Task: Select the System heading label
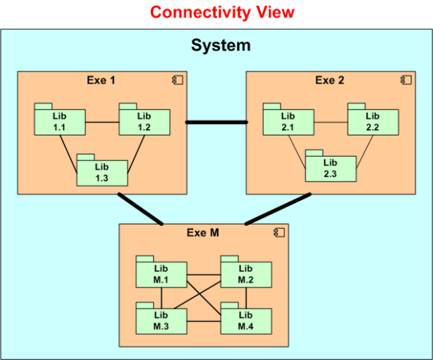tap(220, 45)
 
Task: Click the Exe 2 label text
tap(329, 80)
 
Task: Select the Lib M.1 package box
tap(161, 275)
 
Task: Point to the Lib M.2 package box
tap(246, 275)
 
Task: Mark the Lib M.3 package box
tap(161, 320)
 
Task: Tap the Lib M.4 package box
tap(246, 320)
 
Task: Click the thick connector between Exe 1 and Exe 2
tap(216, 122)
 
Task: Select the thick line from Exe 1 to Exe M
tap(140, 209)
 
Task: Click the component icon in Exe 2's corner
tap(406, 80)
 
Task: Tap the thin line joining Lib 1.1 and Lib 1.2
tap(102, 122)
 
